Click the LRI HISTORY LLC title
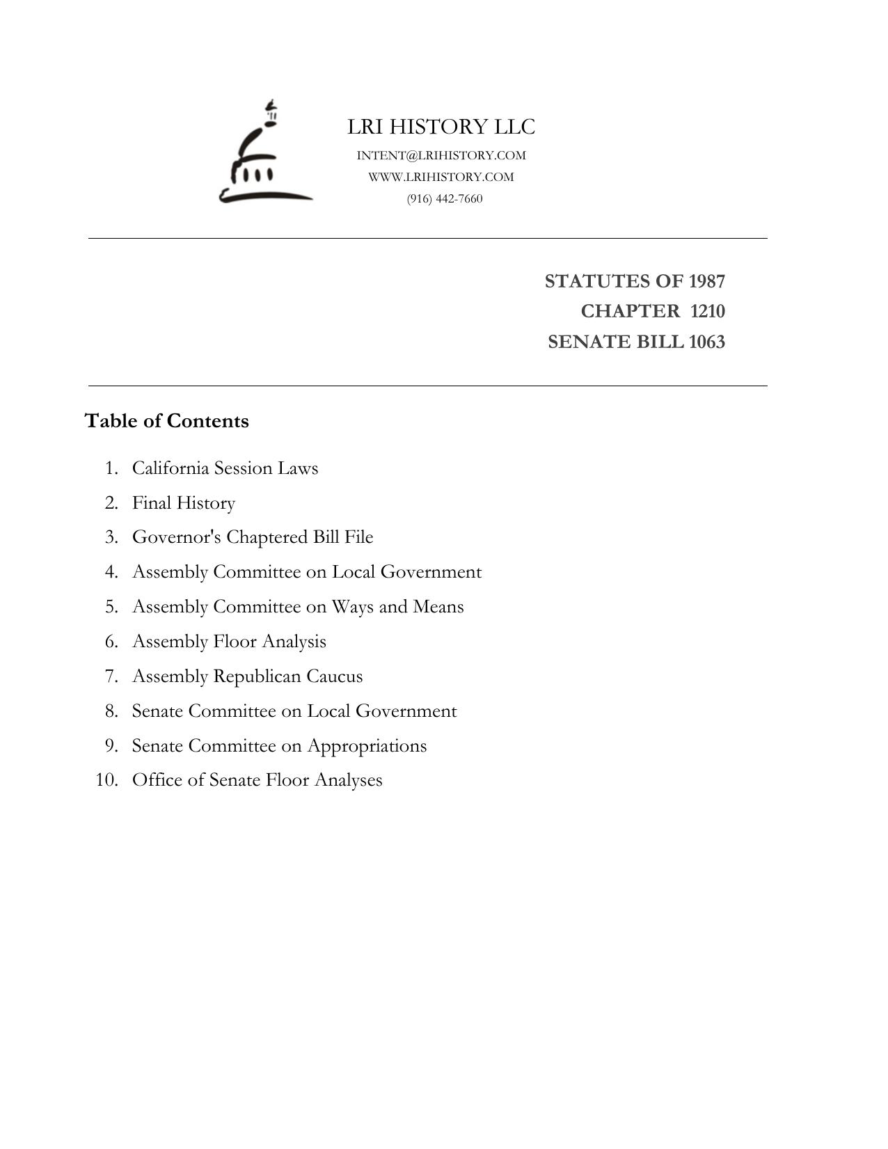pyautogui.click(x=441, y=127)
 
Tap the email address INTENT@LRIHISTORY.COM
pyautogui.click(x=441, y=155)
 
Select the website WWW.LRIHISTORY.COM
pyautogui.click(x=441, y=177)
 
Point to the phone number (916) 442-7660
pyautogui.click(x=445, y=198)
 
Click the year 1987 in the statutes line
pyautogui.click(x=706, y=281)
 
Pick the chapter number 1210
pyautogui.click(x=707, y=311)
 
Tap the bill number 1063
pyautogui.click(x=706, y=342)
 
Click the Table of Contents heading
pyautogui.click(x=167, y=421)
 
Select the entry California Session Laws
pyautogui.click(x=225, y=468)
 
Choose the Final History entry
pyautogui.click(x=184, y=502)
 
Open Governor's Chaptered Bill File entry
pyautogui.click(x=253, y=537)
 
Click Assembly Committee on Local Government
pyautogui.click(x=307, y=571)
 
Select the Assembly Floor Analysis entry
pyautogui.click(x=229, y=641)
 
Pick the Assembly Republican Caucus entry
pyautogui.click(x=247, y=676)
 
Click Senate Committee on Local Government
pyautogui.click(x=294, y=711)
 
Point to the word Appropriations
pyautogui.click(x=367, y=745)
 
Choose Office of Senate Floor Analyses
pyautogui.click(x=257, y=779)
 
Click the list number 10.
pyautogui.click(x=106, y=779)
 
